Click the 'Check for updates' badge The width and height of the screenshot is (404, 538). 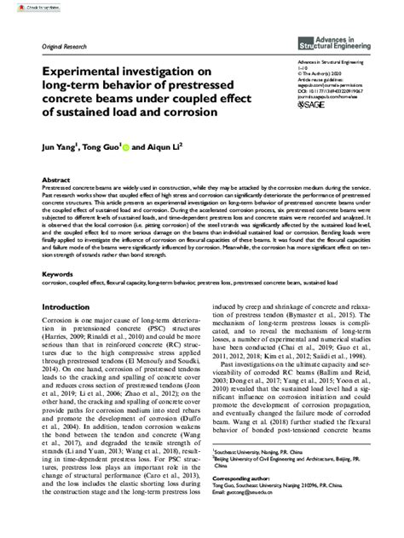(33, 8)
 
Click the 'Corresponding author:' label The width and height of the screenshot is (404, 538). (244, 503)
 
